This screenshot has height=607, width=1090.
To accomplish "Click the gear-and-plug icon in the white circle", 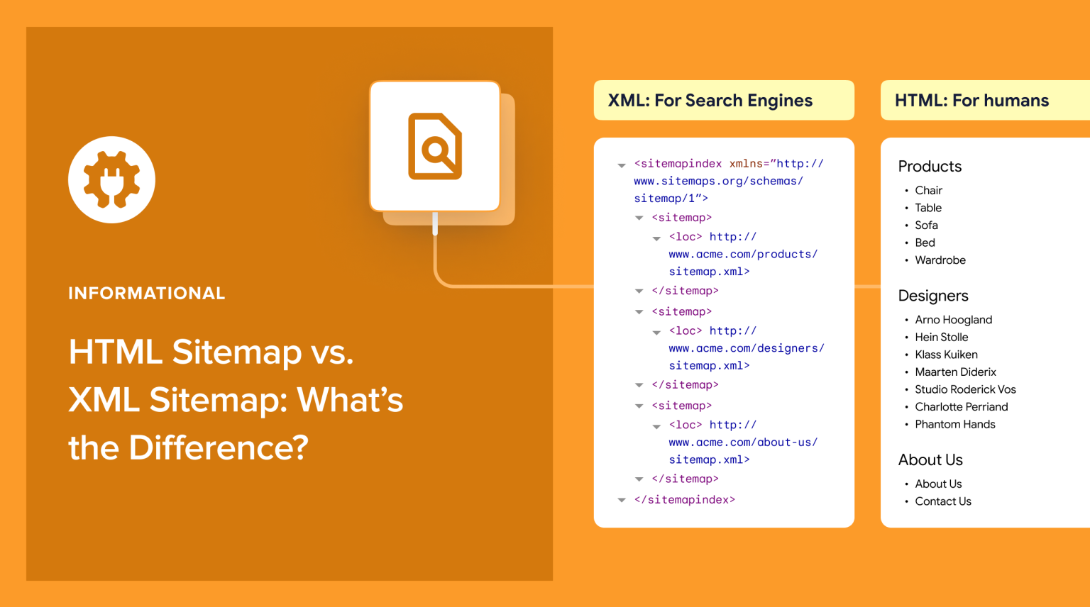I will click(x=111, y=179).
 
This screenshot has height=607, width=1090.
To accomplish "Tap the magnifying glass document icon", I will click(x=435, y=146).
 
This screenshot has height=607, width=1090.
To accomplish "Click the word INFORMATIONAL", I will click(x=147, y=294).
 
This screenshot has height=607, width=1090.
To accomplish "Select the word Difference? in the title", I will click(x=219, y=447).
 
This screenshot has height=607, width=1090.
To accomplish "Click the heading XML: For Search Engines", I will click(x=710, y=101).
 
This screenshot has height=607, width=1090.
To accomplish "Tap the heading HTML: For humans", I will click(x=971, y=101).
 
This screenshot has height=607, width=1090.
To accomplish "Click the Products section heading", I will click(x=930, y=167).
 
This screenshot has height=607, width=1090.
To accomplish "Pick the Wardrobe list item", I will click(x=940, y=260).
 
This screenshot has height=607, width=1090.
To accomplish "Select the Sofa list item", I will click(x=926, y=225).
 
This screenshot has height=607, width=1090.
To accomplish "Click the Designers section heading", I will click(x=933, y=296).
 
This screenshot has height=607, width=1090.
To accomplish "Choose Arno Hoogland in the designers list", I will click(x=953, y=320).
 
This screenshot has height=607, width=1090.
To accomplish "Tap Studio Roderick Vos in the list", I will click(x=965, y=389).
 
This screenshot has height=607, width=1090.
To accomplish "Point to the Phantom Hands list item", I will click(x=954, y=424).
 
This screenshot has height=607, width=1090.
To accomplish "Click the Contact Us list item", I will click(x=942, y=501).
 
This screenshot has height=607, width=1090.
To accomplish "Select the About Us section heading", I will click(x=930, y=460).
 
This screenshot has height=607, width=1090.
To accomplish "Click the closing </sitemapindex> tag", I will click(x=684, y=500).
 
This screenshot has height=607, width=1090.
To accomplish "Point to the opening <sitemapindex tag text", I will click(x=678, y=164).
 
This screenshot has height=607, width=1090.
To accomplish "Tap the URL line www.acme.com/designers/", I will click(x=746, y=348).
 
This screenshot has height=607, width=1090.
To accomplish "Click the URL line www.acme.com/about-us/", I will click(x=742, y=442).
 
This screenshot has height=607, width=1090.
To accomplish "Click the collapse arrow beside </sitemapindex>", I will click(x=622, y=501).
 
